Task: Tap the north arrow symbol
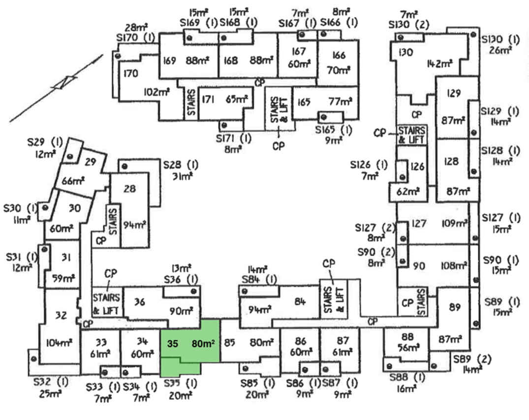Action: click(x=64, y=83)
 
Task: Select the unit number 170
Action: click(x=131, y=74)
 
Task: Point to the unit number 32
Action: click(x=61, y=316)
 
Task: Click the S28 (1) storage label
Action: click(x=181, y=164)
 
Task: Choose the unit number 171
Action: click(x=208, y=99)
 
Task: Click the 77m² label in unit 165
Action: click(x=341, y=102)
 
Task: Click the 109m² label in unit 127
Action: click(x=455, y=224)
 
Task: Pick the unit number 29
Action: click(x=90, y=162)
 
